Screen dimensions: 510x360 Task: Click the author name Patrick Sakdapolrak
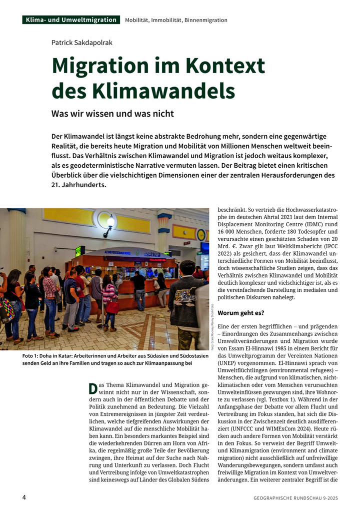[82, 43]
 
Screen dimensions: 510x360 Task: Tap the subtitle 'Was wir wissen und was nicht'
[112, 114]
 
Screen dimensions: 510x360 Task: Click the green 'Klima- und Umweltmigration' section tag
[70, 20]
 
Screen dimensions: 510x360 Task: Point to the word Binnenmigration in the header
[205, 20]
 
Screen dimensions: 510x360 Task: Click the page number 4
[24, 497]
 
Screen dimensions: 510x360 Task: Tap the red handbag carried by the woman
[112, 306]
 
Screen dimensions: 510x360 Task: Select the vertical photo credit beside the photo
[212, 325]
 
